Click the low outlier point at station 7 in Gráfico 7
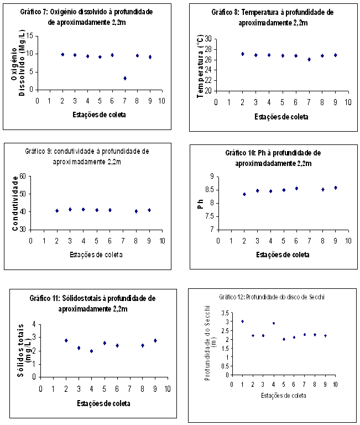pyautogui.click(x=125, y=79)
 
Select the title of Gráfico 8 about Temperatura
pyautogui.click(x=273, y=18)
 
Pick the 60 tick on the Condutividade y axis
pyautogui.click(x=22, y=177)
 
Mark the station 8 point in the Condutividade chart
pyautogui.click(x=136, y=211)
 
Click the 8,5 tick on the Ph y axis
pyautogui.click(x=210, y=190)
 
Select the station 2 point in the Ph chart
pyautogui.click(x=244, y=194)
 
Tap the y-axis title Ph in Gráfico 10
pyautogui.click(x=201, y=203)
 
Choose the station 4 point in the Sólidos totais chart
pyautogui.click(x=91, y=351)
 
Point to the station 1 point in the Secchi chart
pyautogui.click(x=242, y=322)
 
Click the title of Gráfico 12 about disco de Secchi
pyautogui.click(x=271, y=297)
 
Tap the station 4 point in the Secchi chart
pyautogui.click(x=273, y=323)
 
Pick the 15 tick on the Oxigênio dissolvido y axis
pyautogui.click(x=29, y=36)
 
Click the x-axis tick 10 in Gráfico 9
pyautogui.click(x=163, y=240)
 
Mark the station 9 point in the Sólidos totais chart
pyautogui.click(x=155, y=340)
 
